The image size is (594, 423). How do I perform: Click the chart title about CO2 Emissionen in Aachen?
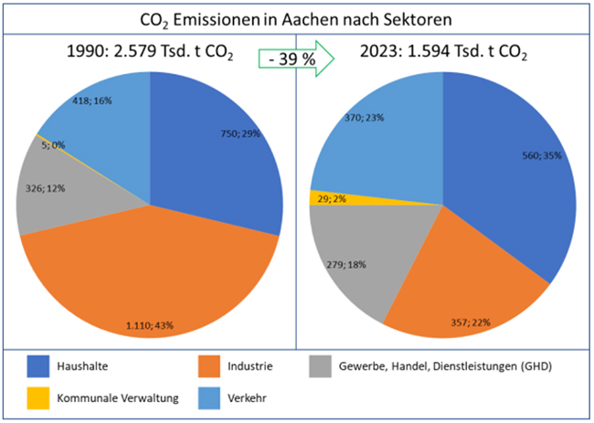296,18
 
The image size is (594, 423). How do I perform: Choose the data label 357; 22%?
465,322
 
